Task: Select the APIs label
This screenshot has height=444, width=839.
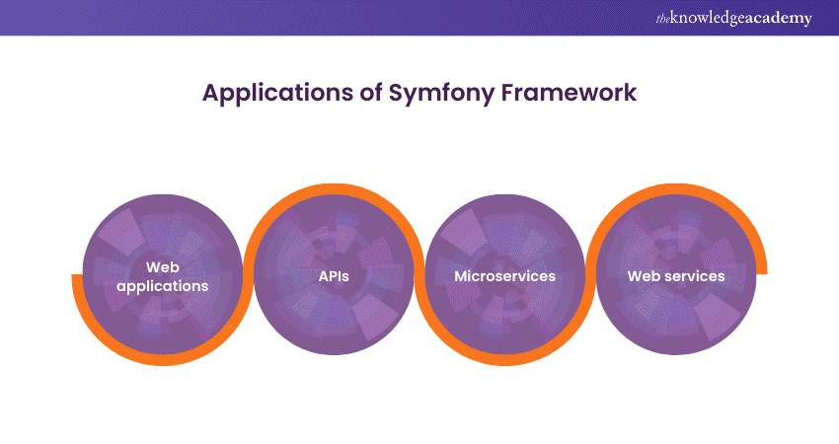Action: coord(334,276)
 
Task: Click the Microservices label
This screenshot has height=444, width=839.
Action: coord(504,276)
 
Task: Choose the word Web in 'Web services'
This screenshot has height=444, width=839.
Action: coord(645,276)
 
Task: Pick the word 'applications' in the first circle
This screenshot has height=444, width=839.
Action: coord(163,286)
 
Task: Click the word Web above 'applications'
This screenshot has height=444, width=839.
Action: coord(163,266)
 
